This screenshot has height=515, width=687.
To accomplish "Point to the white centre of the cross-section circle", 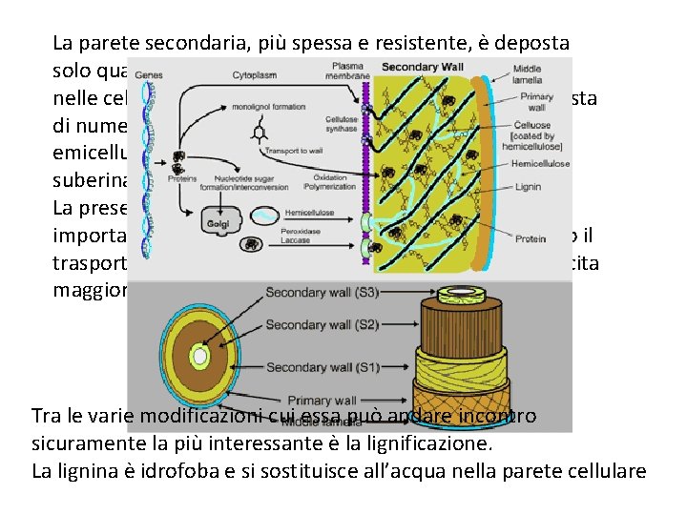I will pyautogui.click(x=199, y=358).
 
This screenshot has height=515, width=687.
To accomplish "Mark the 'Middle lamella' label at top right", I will pyautogui.click(x=529, y=74).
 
